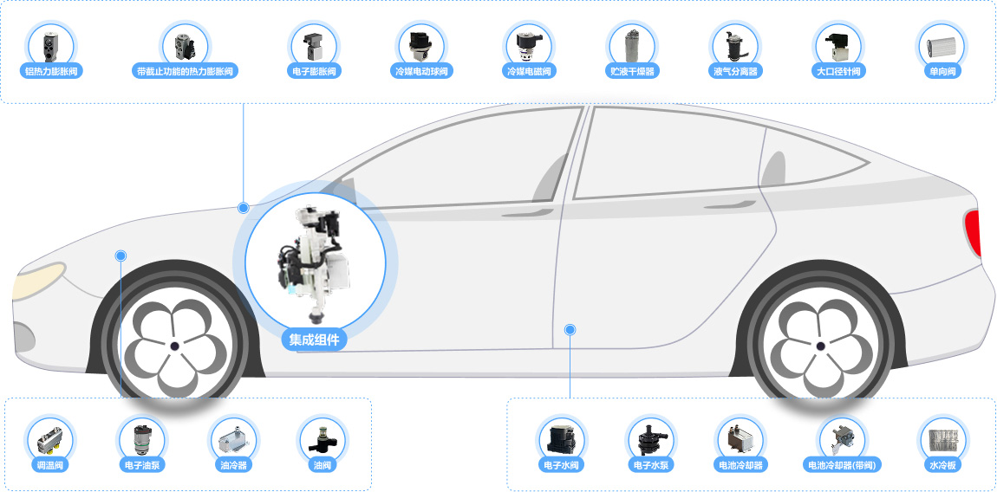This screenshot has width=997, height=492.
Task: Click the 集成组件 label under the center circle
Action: pyautogui.click(x=315, y=340)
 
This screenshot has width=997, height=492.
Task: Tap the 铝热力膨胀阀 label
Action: pyautogui.click(x=51, y=71)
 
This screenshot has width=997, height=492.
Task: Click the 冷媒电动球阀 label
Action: pyautogui.click(x=421, y=71)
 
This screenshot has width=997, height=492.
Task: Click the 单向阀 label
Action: pyautogui.click(x=942, y=71)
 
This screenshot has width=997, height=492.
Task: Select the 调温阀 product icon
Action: pyautogui.click(x=51, y=439)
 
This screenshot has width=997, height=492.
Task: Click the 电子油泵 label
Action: pyautogui.click(x=142, y=464)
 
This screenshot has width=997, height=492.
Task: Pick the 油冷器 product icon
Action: pyautogui.click(x=232, y=439)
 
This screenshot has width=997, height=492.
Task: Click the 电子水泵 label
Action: pyautogui.click(x=650, y=464)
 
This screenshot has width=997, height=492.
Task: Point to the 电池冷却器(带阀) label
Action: pyautogui.click(x=843, y=464)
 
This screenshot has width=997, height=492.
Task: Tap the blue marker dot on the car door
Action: pyautogui.click(x=570, y=329)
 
